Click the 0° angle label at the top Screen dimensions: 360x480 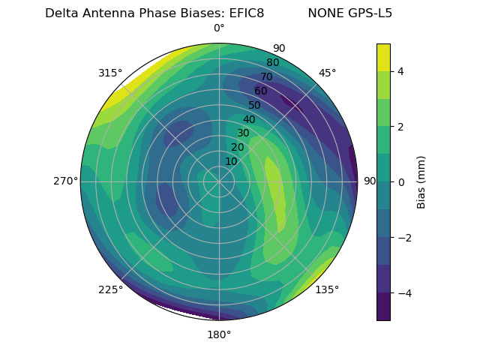[x=219, y=28]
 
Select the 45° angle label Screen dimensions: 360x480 [x=327, y=73]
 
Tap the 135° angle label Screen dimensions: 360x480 [x=327, y=289]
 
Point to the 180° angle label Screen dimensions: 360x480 [x=219, y=334]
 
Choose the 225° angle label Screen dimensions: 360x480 [x=110, y=289]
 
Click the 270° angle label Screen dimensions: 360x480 [x=65, y=181]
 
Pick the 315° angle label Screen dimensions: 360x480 [x=110, y=73]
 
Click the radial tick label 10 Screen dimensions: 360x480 [x=231, y=161]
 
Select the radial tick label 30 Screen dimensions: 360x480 [x=243, y=133]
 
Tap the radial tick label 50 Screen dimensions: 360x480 [x=254, y=106]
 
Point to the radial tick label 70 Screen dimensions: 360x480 [x=266, y=77]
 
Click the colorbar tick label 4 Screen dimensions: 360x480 [x=400, y=71]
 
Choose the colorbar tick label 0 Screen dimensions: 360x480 [x=400, y=182]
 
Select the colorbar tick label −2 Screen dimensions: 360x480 [x=404, y=238]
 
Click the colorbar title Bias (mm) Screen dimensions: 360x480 [x=421, y=182]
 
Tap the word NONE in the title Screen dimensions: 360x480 [x=324, y=13]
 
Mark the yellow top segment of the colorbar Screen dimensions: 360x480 [x=383, y=57]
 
